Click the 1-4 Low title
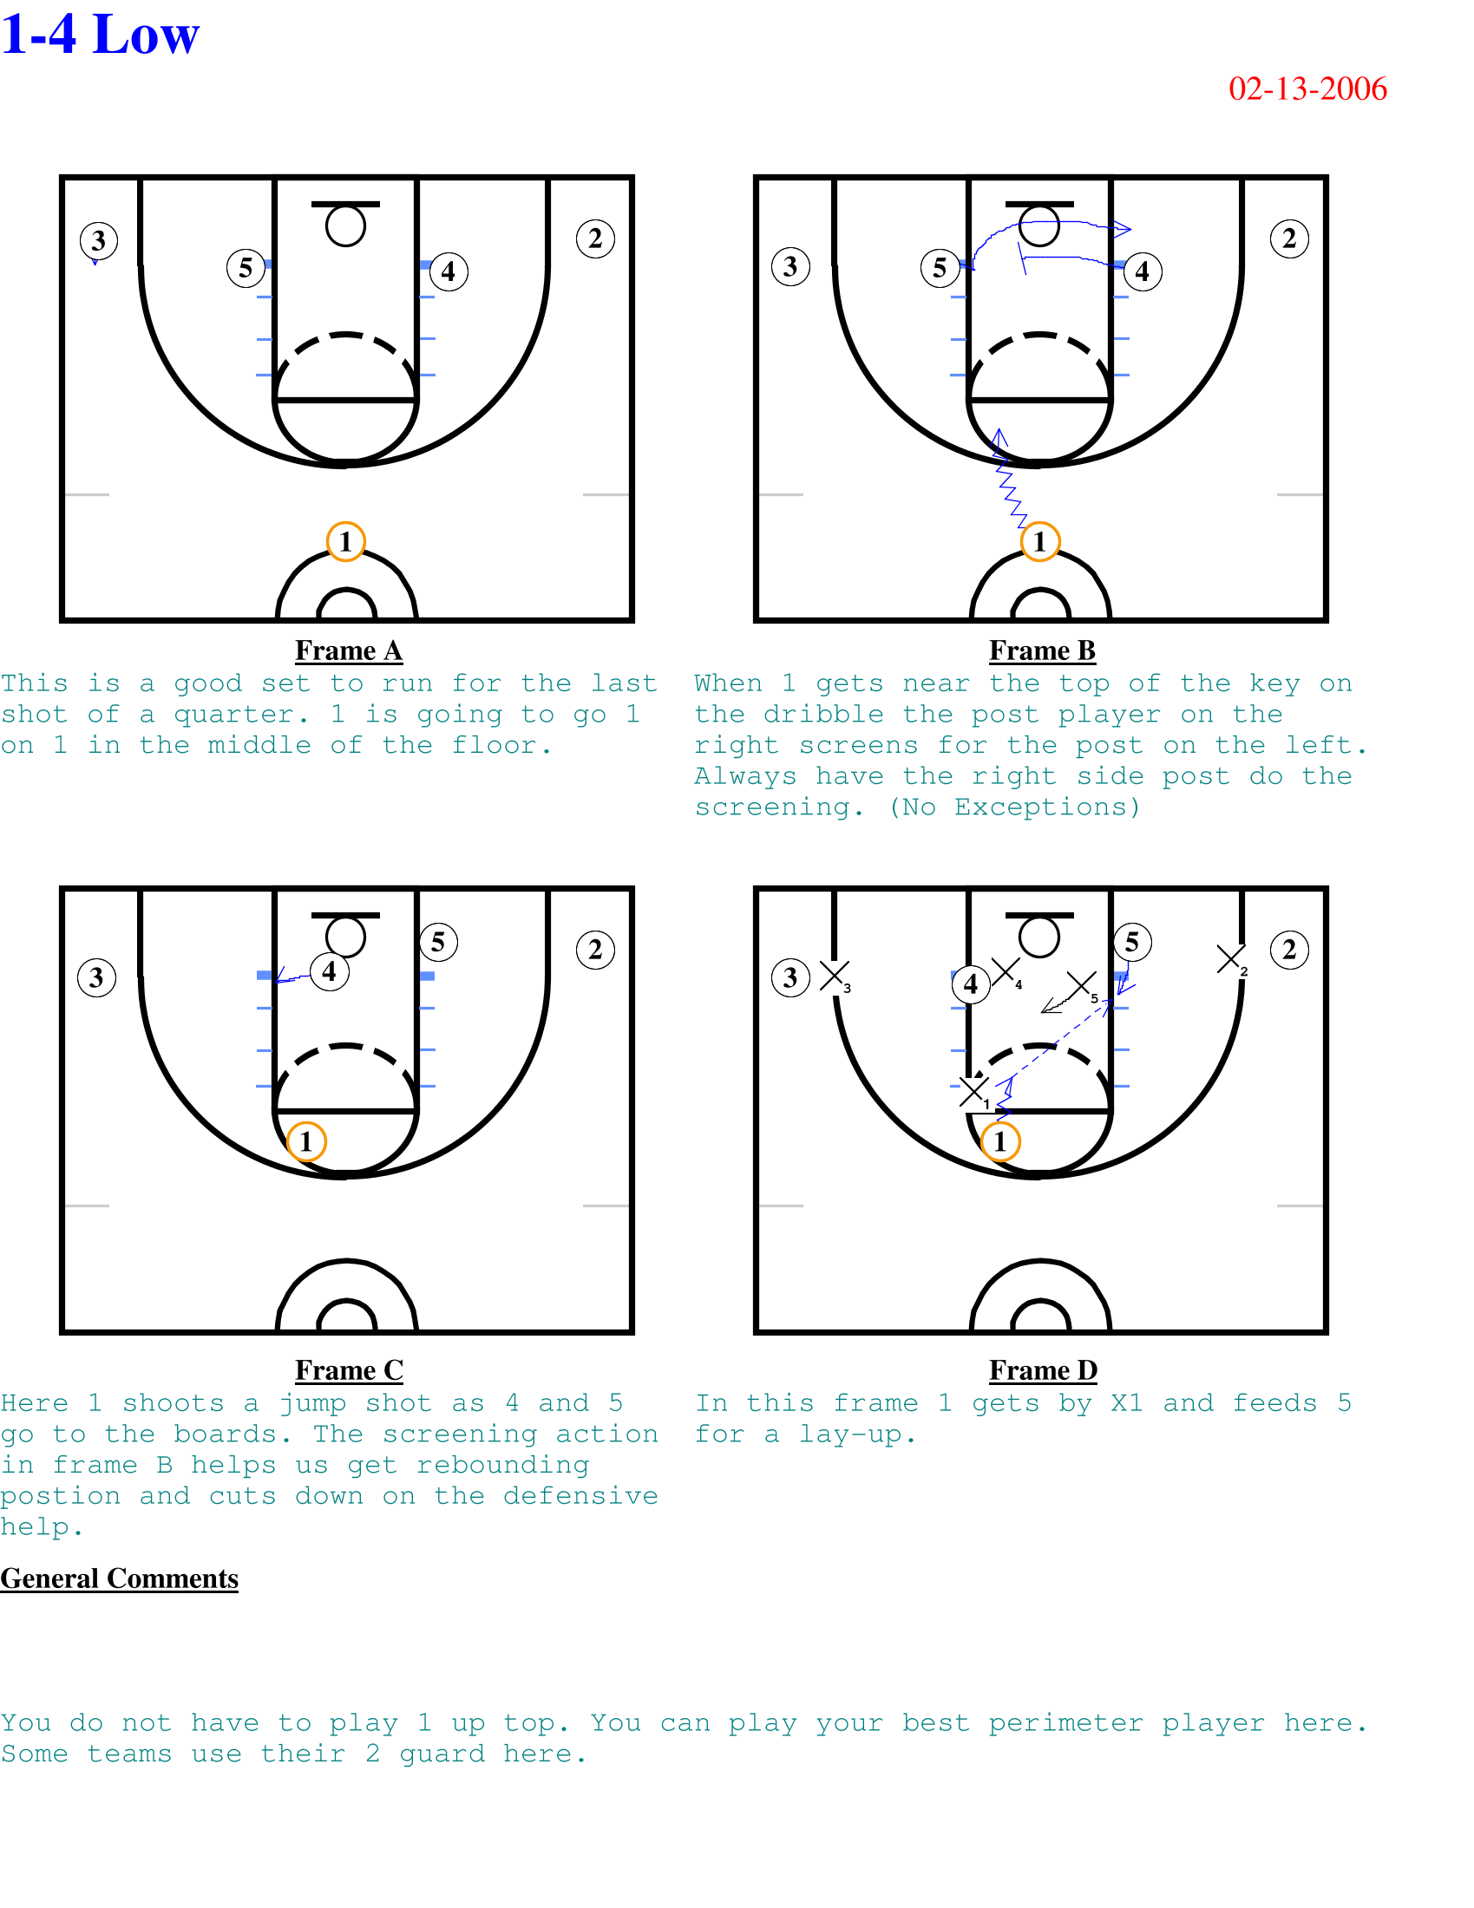click(x=101, y=35)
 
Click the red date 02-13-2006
click(x=1307, y=89)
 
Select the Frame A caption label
click(x=349, y=650)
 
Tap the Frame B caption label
click(x=1042, y=650)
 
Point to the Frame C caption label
click(x=349, y=1369)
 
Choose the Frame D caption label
click(x=1042, y=1369)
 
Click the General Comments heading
click(x=119, y=1578)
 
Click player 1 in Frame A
click(x=346, y=542)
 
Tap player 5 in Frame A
click(x=246, y=267)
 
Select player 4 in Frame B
click(x=1143, y=271)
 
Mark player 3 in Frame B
click(x=790, y=266)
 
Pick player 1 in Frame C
click(x=306, y=1141)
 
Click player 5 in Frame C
click(x=439, y=942)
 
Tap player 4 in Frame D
click(x=971, y=984)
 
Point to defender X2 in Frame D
click(x=1232, y=961)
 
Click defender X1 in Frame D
click(x=974, y=1092)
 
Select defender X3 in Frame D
click(x=835, y=977)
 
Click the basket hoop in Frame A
click(x=346, y=226)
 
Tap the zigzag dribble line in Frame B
click(x=1012, y=479)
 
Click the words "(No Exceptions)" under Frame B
click(x=1015, y=808)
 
